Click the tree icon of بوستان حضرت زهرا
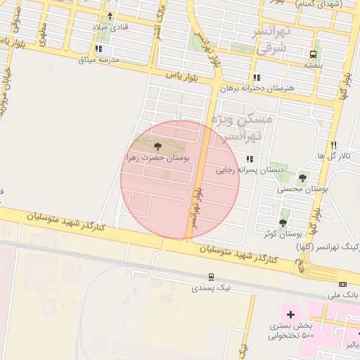[x=157, y=146]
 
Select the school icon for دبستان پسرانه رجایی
[x=249, y=159]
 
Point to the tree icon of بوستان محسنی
[x=302, y=178]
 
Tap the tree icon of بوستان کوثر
[x=283, y=223]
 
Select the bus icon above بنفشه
[x=313, y=53]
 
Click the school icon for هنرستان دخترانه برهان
[x=257, y=77]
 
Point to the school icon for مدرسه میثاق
[x=98, y=49]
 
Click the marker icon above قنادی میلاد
[x=110, y=15]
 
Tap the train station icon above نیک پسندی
[x=210, y=277]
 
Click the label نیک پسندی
[x=210, y=288]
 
